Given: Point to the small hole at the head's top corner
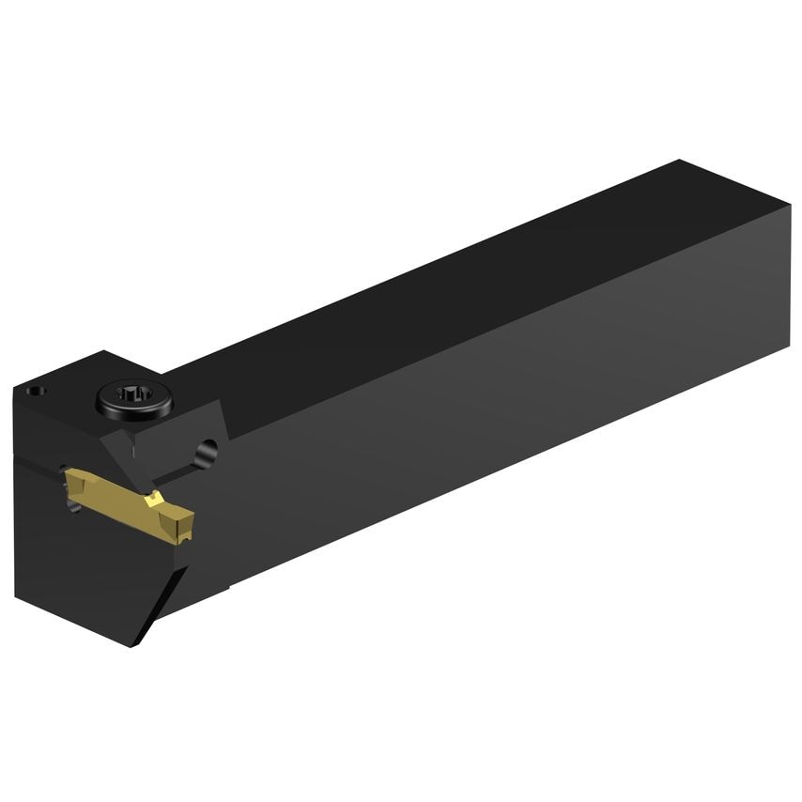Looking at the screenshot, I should click(36, 390).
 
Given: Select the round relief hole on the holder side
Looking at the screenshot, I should click(207, 453).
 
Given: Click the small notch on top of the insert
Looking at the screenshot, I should click(154, 498).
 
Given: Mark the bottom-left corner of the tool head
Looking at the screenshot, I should click(17, 597).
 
